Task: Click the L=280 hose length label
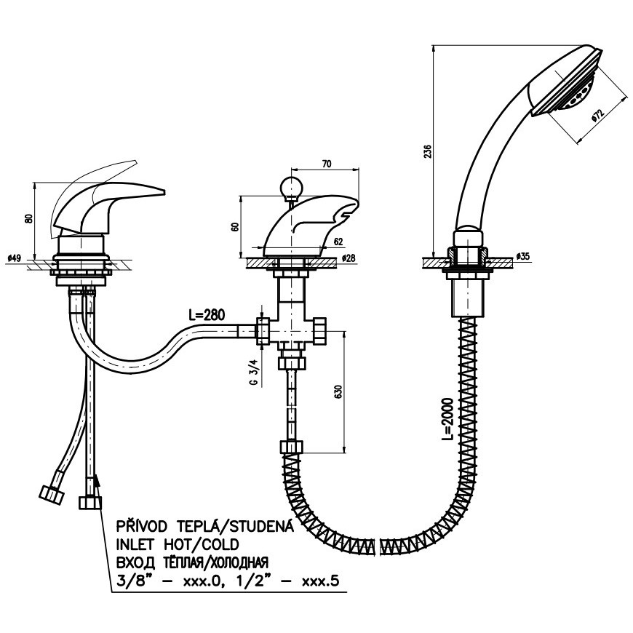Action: coord(207,314)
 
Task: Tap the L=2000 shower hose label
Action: coord(447,418)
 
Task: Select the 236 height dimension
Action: coord(429,151)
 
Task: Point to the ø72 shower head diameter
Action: coord(597,116)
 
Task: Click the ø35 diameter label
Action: coord(523,257)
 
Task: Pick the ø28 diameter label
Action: coord(349,258)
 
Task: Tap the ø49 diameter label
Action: coord(14,258)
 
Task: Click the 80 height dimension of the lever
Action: coord(28,218)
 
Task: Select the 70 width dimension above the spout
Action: coord(327,164)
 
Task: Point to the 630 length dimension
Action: coord(338,391)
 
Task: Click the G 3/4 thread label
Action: coord(255,373)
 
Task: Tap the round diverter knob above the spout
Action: coord(290,186)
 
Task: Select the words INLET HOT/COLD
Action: coord(178,544)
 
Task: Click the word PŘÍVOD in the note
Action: coord(142,527)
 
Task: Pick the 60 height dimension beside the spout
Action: coord(236,226)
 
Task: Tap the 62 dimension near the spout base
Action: coord(338,242)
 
